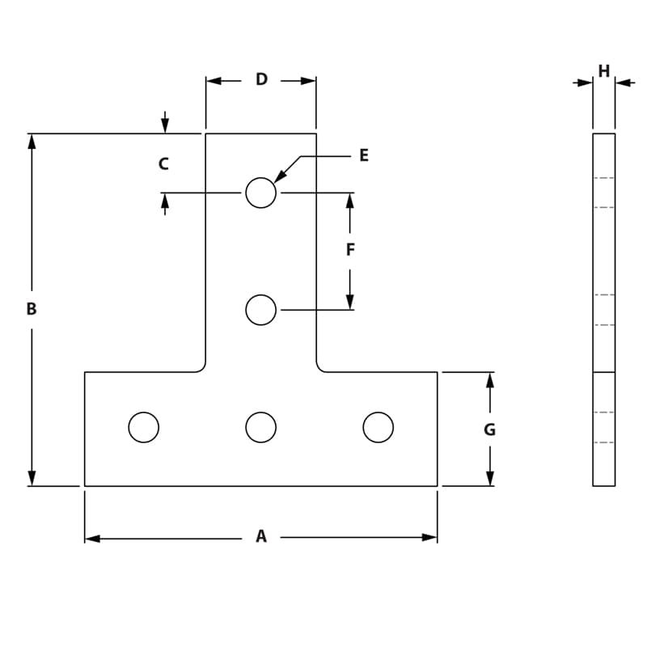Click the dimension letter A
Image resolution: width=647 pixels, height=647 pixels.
click(261, 536)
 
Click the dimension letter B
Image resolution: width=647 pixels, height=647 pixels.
click(32, 309)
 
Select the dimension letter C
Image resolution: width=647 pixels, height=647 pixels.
click(163, 164)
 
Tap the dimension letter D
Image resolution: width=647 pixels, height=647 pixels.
click(261, 79)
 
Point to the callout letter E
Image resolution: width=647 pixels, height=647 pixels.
click(364, 155)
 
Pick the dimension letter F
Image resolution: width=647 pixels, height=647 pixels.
click(350, 250)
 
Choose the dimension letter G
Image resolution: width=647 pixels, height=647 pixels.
click(489, 430)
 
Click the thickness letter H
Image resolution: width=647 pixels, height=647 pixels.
click(604, 72)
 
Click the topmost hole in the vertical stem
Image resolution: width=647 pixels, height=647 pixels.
click(260, 192)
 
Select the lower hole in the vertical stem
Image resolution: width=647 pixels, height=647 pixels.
click(260, 310)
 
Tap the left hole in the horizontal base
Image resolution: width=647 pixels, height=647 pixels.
click(144, 427)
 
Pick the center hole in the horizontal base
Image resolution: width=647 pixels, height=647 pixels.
click(260, 427)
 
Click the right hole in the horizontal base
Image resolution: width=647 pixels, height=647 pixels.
click(378, 427)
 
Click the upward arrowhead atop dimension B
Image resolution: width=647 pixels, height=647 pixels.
click(32, 142)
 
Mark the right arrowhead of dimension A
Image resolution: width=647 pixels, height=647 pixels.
click(429, 537)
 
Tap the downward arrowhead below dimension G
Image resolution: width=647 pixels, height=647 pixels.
click(489, 478)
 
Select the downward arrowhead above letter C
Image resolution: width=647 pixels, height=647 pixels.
click(165, 125)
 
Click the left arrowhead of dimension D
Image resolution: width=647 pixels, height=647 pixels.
click(214, 81)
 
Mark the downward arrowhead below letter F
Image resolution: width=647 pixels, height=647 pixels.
click(350, 301)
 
